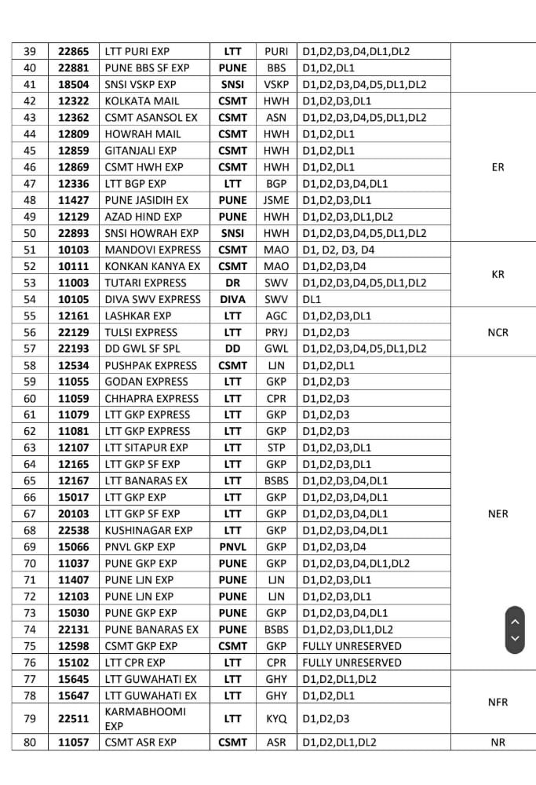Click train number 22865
pyautogui.click(x=74, y=52)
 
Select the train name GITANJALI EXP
pyautogui.click(x=140, y=151)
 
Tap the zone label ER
pyautogui.click(x=498, y=167)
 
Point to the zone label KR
pyautogui.click(x=498, y=275)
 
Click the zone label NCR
pyautogui.click(x=498, y=332)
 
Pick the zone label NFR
pyautogui.click(x=498, y=703)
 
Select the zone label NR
pyautogui.click(x=498, y=742)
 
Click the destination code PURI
pyautogui.click(x=276, y=52)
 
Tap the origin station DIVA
pyautogui.click(x=232, y=299)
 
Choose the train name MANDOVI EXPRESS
pyautogui.click(x=146, y=250)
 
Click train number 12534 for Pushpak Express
pyautogui.click(x=74, y=365)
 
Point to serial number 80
pyautogui.click(x=30, y=742)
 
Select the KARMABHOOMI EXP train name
pyautogui.click(x=145, y=711)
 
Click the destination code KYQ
pyautogui.click(x=276, y=718)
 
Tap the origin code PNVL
pyautogui.click(x=232, y=546)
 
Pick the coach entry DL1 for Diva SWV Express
pyautogui.click(x=311, y=299)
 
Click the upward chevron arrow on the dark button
pyautogui.click(x=515, y=621)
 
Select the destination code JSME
pyautogui.click(x=276, y=200)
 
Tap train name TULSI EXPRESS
pyautogui.click(x=141, y=332)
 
